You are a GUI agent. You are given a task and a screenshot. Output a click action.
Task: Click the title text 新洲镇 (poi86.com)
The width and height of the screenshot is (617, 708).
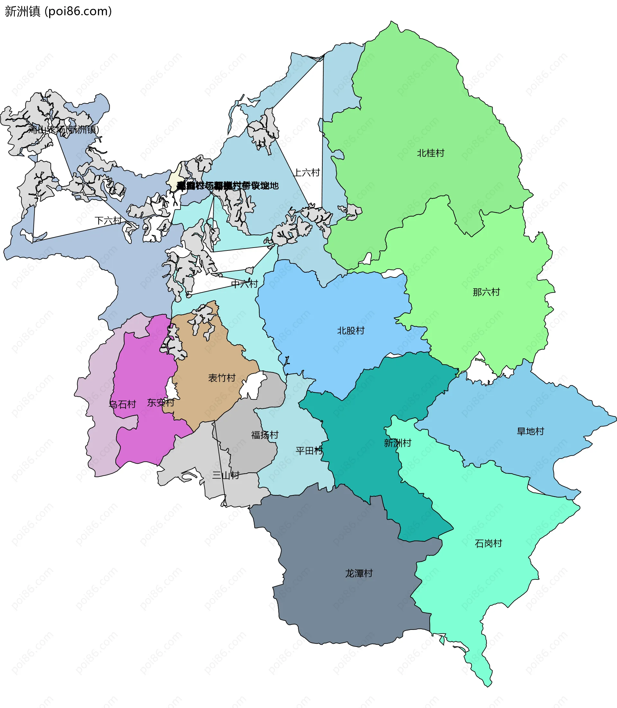click(x=58, y=11)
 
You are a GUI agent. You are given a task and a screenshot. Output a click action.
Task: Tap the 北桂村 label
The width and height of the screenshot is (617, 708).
click(x=430, y=153)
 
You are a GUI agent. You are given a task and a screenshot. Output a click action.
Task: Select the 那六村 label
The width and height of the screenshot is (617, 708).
click(x=486, y=292)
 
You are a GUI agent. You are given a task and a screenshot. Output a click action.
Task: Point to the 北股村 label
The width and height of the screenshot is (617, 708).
click(x=351, y=331)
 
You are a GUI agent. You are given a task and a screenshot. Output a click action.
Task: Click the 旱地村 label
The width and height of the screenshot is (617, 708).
click(x=530, y=431)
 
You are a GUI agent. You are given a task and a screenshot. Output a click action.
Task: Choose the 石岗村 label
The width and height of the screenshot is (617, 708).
click(x=488, y=543)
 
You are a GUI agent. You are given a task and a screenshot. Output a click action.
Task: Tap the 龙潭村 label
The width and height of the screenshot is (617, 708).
click(x=359, y=573)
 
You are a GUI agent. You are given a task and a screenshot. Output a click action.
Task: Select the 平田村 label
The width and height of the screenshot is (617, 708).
click(x=309, y=451)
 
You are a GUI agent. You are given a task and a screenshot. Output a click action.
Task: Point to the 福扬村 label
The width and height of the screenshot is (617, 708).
click(x=264, y=435)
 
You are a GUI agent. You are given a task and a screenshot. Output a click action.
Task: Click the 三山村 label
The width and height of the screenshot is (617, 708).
click(x=226, y=475)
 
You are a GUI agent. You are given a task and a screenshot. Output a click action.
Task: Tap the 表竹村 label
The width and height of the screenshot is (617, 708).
click(x=222, y=378)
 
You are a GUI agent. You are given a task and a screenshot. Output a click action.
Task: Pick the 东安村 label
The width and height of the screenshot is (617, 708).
click(x=160, y=403)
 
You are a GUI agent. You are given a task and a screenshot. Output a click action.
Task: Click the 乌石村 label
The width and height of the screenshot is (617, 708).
click(x=122, y=404)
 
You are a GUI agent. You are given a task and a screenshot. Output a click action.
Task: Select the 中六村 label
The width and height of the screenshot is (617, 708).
click(x=245, y=284)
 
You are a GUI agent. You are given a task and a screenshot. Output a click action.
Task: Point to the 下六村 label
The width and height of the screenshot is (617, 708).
click(x=108, y=221)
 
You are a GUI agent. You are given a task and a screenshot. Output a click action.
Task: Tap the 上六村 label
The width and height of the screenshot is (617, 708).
click(x=307, y=172)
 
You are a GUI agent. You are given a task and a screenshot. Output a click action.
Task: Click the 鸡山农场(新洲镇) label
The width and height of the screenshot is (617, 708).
click(x=64, y=130)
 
